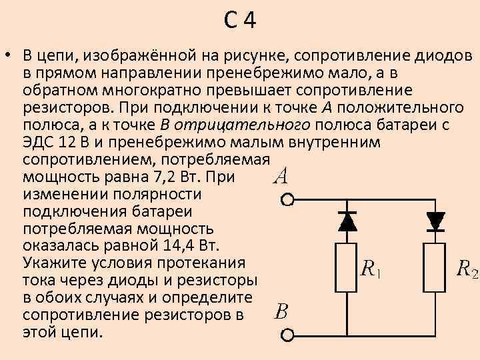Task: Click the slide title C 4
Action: tap(240, 21)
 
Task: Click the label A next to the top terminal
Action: tap(281, 176)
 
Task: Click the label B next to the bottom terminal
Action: tap(281, 312)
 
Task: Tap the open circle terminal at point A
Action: tap(287, 199)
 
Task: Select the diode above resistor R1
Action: tap(346, 219)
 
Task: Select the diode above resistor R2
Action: tap(435, 219)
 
